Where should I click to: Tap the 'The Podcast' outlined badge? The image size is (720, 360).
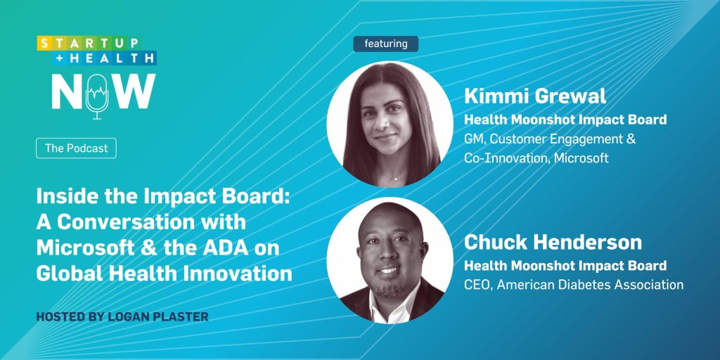coord(76,148)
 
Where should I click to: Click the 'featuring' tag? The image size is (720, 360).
coord(386,44)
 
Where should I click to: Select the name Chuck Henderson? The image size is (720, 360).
coord(553,243)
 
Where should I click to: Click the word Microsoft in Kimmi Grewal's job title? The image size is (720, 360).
coord(581,158)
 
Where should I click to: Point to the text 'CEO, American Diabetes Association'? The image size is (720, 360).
coord(574,285)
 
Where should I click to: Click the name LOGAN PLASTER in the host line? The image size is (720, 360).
coord(158,316)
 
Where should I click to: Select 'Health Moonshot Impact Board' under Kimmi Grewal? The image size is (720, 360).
coord(565,120)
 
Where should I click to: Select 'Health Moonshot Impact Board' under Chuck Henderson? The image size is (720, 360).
coord(565,266)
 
